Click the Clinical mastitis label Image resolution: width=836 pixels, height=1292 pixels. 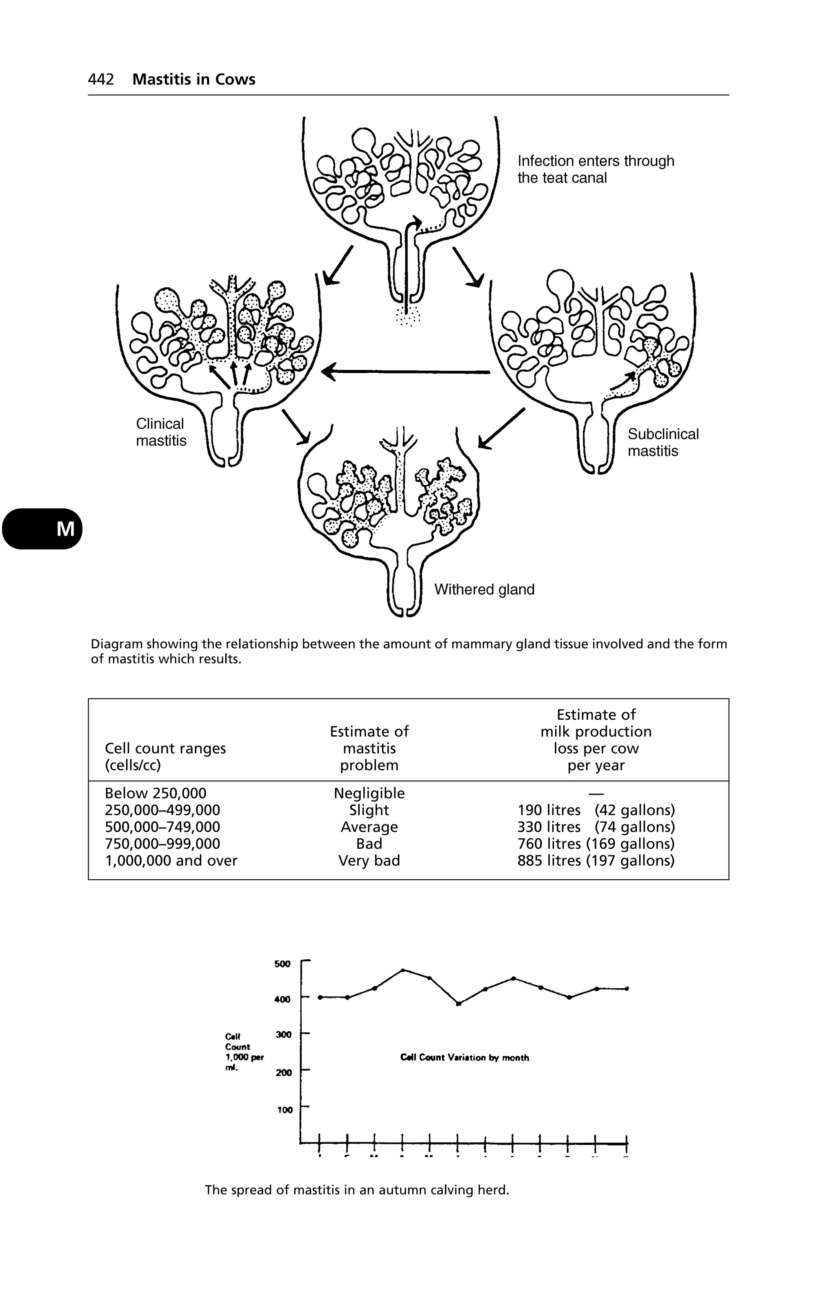click(161, 432)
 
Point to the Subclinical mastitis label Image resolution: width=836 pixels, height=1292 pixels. click(663, 443)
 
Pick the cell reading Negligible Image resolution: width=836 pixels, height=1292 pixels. click(369, 794)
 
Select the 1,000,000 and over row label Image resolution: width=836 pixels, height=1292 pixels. click(171, 861)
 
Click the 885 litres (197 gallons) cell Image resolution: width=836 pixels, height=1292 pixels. click(596, 861)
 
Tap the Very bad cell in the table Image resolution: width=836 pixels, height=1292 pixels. click(369, 861)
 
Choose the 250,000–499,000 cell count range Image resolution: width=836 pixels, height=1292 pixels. click(162, 810)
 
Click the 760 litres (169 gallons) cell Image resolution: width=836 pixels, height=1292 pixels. click(596, 844)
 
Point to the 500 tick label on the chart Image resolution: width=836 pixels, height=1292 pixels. click(282, 964)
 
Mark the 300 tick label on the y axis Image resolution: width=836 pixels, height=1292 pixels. click(283, 1035)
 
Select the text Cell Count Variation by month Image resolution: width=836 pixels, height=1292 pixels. click(464, 1058)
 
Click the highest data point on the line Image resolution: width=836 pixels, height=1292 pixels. click(403, 970)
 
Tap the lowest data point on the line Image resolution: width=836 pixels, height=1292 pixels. click(459, 1004)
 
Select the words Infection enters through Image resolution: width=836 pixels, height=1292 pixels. click(596, 161)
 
